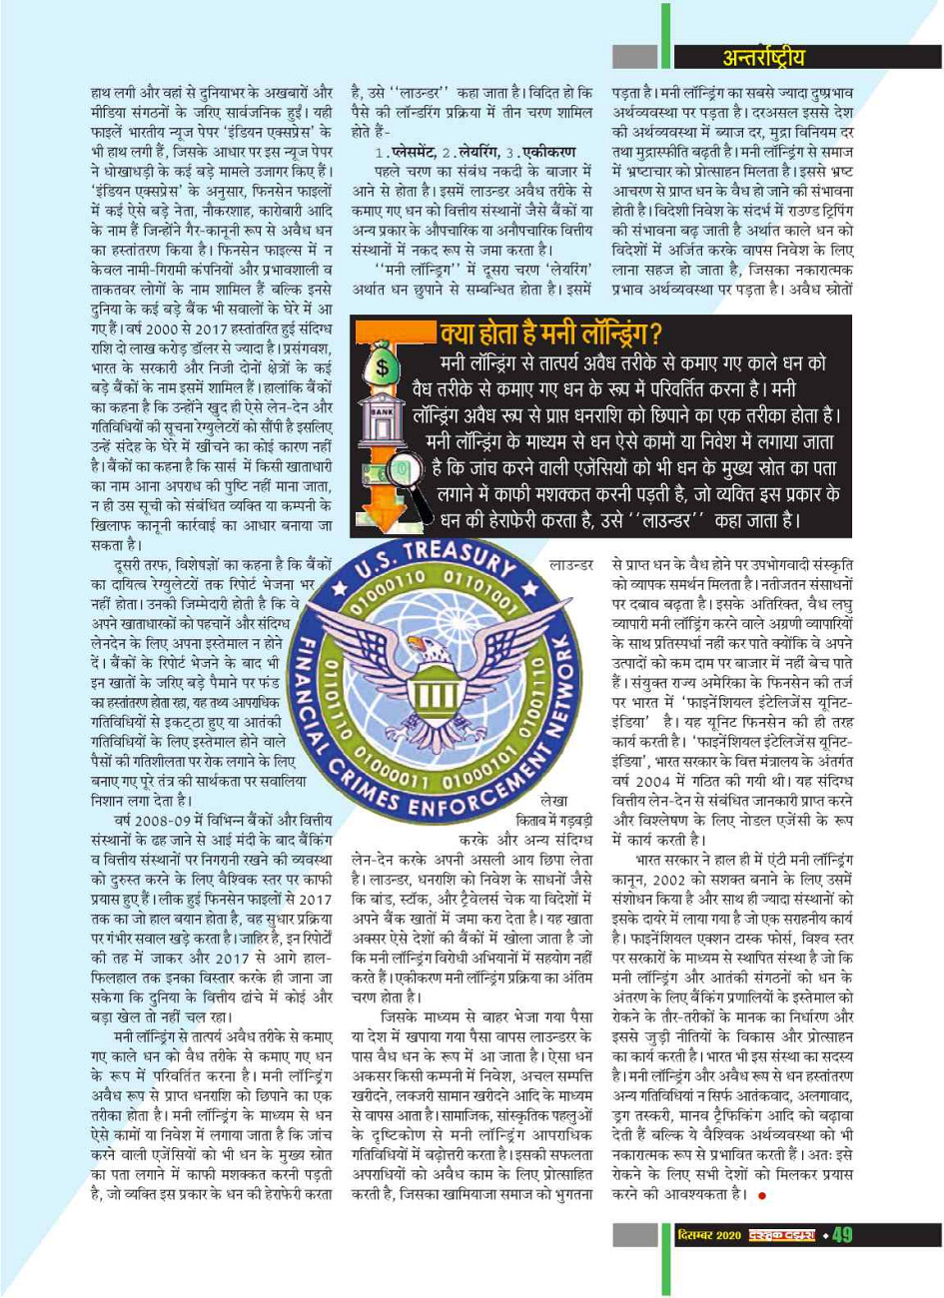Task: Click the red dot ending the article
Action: [762, 1223]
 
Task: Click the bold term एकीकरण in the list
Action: [546, 152]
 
